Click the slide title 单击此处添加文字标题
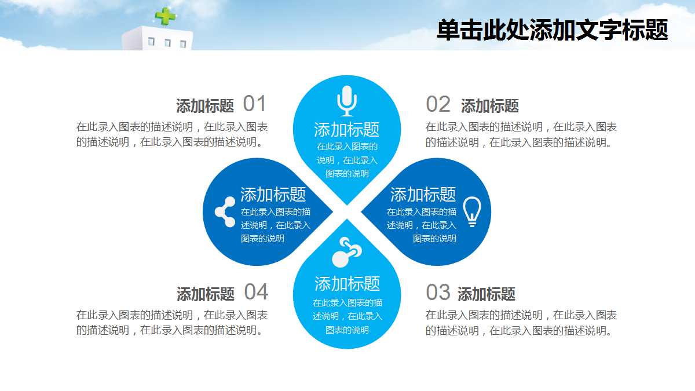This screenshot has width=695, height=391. (552, 30)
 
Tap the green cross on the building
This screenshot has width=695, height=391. (166, 16)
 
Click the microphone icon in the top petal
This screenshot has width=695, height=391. (346, 101)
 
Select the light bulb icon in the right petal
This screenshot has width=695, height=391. (472, 211)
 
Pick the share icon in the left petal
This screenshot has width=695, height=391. (225, 211)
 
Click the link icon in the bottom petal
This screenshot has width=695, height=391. (346, 252)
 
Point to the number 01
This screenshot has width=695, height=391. (254, 104)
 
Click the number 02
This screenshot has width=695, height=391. (438, 104)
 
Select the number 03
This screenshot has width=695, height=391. (438, 293)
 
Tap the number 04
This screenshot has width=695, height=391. (256, 292)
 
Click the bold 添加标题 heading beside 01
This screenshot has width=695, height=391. (205, 106)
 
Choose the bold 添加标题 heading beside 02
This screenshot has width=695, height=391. (489, 106)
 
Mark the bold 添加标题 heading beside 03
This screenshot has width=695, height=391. (486, 294)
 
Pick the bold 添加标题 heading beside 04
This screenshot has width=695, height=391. (205, 294)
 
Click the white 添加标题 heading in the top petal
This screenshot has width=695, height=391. (346, 129)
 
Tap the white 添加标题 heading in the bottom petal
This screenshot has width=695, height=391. (347, 283)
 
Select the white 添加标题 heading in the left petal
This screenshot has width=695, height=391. (273, 194)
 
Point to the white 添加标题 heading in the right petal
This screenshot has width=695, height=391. (423, 194)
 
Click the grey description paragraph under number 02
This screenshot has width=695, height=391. (521, 135)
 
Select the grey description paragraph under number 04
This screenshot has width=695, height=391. (172, 323)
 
